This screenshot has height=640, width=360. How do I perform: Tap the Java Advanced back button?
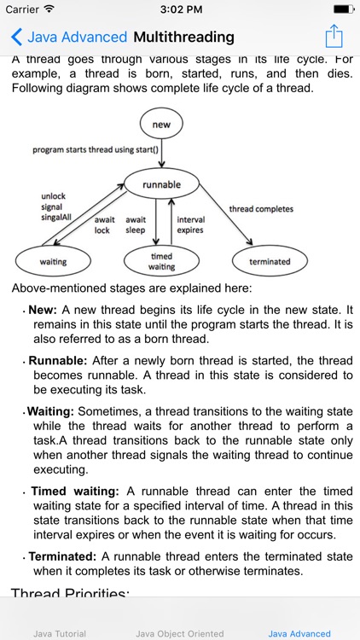pyautogui.click(x=68, y=38)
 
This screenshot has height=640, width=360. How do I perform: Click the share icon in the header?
pyautogui.click(x=334, y=37)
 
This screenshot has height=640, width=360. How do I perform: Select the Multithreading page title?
pyautogui.click(x=183, y=38)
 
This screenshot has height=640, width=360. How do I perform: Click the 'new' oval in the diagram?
pyautogui.click(x=161, y=125)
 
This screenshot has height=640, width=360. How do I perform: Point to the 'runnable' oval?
pyautogui.click(x=161, y=183)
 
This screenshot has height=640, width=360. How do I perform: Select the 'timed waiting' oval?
pyautogui.click(x=162, y=261)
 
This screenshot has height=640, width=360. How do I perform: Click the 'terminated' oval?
pyautogui.click(x=270, y=261)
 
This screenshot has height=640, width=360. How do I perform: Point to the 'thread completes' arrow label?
pyautogui.click(x=261, y=209)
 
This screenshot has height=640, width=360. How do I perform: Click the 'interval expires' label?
pyautogui.click(x=190, y=224)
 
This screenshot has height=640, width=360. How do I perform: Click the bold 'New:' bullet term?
pyautogui.click(x=43, y=311)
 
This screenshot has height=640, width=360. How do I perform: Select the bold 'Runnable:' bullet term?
pyautogui.click(x=58, y=361)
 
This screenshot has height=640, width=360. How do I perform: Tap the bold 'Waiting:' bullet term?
pyautogui.click(x=50, y=411)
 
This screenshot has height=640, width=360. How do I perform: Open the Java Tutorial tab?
pyautogui.click(x=60, y=633)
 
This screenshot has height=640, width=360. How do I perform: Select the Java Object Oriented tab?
pyautogui.click(x=180, y=633)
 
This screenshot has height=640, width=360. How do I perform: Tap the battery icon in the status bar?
pyautogui.click(x=340, y=9)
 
